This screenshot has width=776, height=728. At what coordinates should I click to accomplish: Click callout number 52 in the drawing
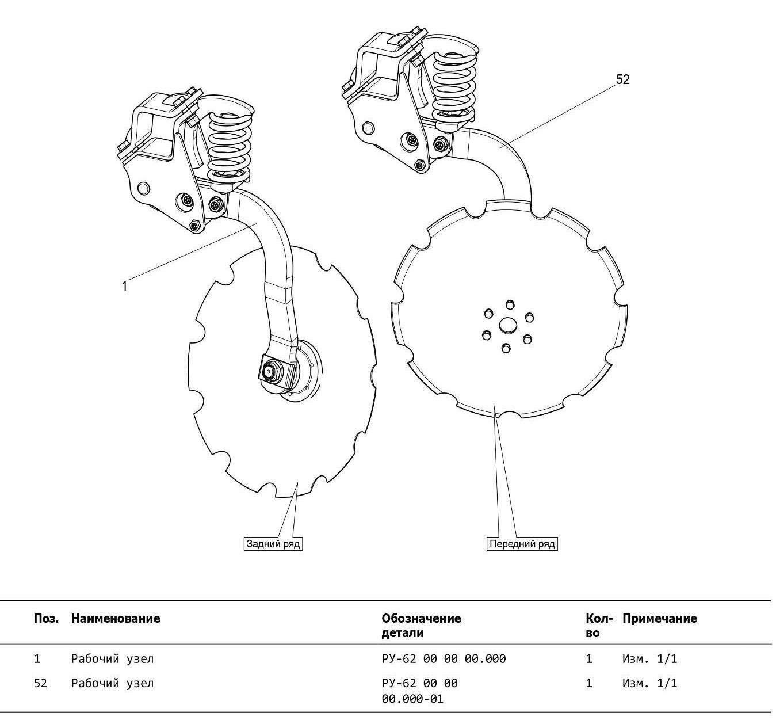pyautogui.click(x=622, y=79)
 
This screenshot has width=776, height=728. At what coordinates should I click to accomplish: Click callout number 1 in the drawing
pyautogui.click(x=124, y=285)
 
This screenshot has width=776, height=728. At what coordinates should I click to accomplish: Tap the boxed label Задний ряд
pyautogui.click(x=273, y=544)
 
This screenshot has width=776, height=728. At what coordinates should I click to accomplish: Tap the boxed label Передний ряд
pyautogui.click(x=522, y=544)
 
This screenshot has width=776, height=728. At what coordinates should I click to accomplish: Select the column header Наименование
pyautogui.click(x=116, y=619)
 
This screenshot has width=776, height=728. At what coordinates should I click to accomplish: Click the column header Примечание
pyautogui.click(x=659, y=619)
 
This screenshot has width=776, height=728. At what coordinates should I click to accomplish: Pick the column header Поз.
pyautogui.click(x=46, y=619)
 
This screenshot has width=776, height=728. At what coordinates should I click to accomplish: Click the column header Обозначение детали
pyautogui.click(x=421, y=626)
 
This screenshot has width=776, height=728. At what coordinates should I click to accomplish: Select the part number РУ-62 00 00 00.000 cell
pyautogui.click(x=444, y=659)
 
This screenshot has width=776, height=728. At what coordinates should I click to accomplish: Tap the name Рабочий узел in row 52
pyautogui.click(x=112, y=684)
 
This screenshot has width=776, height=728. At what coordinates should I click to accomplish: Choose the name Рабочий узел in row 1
pyautogui.click(x=112, y=659)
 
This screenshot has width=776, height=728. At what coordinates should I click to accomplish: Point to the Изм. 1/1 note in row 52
pyautogui.click(x=649, y=684)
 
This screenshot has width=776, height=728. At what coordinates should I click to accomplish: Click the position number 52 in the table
pyautogui.click(x=40, y=684)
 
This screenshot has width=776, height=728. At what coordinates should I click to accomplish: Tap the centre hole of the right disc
pyautogui.click(x=508, y=326)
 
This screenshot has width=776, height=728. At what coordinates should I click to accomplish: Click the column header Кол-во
pyautogui.click(x=598, y=626)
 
